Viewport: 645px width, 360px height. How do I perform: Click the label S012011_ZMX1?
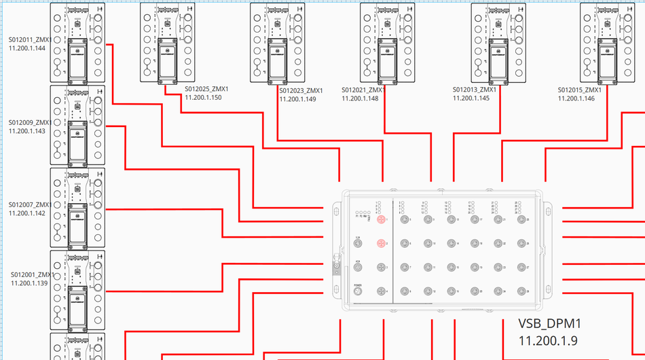click(x=30, y=40)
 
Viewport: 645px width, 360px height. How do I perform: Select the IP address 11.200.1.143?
click(x=27, y=131)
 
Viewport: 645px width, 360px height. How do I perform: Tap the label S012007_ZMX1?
click(x=30, y=204)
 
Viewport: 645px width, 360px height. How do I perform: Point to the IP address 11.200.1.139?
click(x=29, y=283)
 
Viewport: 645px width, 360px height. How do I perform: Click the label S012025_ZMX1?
click(x=206, y=89)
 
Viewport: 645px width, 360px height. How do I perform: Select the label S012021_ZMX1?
click(x=363, y=90)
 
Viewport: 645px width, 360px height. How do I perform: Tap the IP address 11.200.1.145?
click(x=471, y=98)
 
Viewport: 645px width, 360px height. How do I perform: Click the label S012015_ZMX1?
click(x=579, y=90)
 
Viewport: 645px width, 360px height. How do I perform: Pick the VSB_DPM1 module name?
click(x=550, y=323)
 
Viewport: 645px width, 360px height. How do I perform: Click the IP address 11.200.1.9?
click(x=547, y=339)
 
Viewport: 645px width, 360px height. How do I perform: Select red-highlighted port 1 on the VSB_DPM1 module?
click(x=381, y=220)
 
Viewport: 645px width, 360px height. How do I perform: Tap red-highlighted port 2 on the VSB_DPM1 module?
click(x=381, y=243)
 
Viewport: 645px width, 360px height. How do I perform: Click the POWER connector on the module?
click(x=358, y=291)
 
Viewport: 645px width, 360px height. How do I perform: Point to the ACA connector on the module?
click(x=358, y=267)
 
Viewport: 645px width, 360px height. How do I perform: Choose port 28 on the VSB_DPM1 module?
click(x=522, y=291)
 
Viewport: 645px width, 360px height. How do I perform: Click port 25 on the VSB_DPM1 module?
click(x=522, y=220)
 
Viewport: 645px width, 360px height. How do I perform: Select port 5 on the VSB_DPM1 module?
click(x=405, y=220)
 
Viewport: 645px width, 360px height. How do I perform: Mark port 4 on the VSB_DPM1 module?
click(x=381, y=291)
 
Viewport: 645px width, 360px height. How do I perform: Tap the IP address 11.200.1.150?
click(x=203, y=98)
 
